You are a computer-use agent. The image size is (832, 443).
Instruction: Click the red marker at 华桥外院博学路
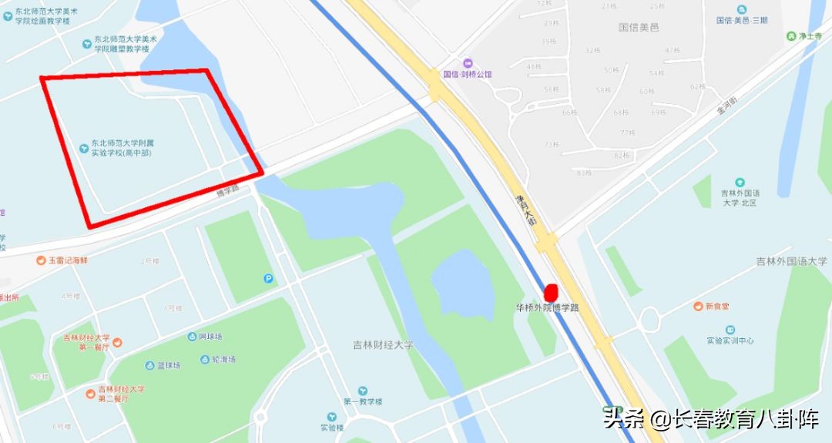point(551,293)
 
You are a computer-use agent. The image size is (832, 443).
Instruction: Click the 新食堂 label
point(716,307)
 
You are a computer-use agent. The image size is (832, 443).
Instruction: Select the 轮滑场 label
point(223,359)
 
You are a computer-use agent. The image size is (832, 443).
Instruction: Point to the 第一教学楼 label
point(363,401)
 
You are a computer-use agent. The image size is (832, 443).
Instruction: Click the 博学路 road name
point(230,187)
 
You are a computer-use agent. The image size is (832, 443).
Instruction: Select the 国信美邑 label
point(639,27)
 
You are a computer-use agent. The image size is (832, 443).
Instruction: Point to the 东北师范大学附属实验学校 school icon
point(84,147)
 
